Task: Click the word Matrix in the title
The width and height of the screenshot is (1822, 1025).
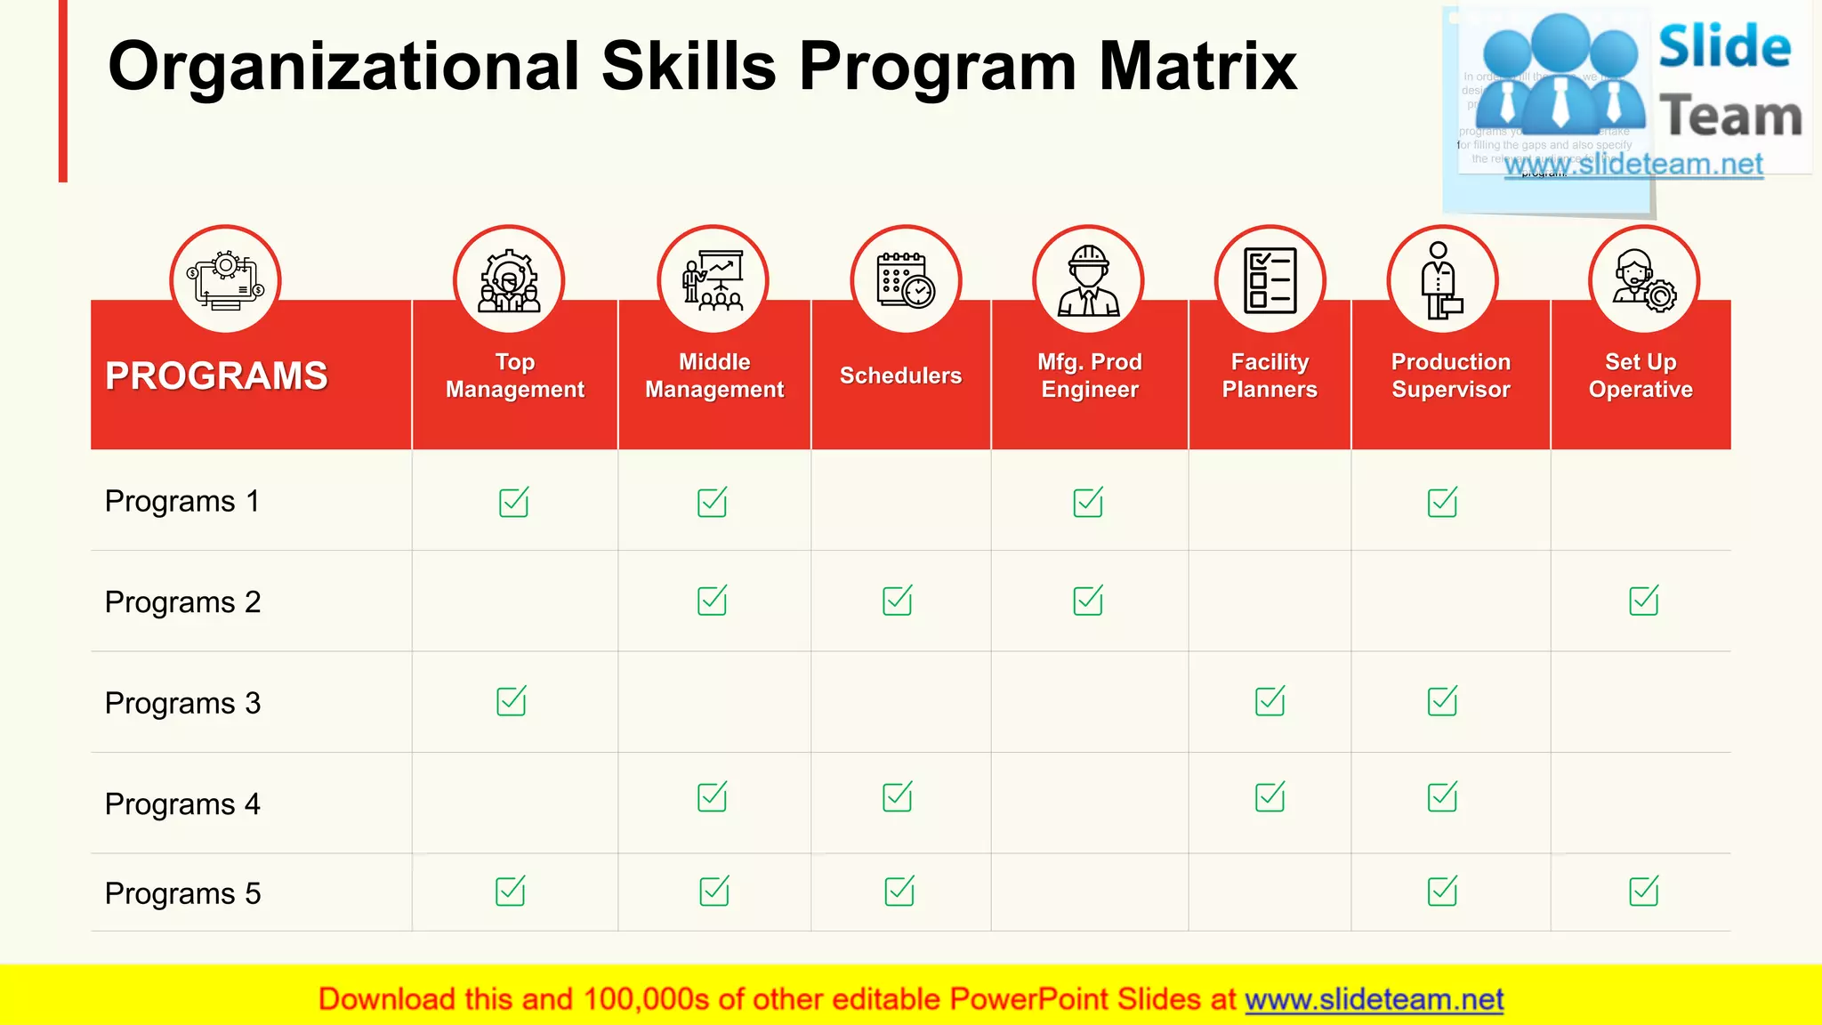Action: [1197, 67]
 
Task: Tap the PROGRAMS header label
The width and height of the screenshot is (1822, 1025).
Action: [216, 375]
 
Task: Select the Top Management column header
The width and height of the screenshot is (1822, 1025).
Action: [515, 375]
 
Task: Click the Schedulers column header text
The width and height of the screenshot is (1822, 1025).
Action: [900, 375]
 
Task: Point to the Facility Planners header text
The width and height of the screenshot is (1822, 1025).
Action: [1270, 375]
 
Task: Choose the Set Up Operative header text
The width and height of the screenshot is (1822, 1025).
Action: [1641, 375]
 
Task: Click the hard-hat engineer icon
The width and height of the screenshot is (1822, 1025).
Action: [1088, 281]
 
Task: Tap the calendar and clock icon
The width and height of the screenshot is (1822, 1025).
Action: [906, 281]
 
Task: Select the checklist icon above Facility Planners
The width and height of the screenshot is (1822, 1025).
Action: [1270, 281]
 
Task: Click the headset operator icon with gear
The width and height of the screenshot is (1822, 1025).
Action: [1644, 281]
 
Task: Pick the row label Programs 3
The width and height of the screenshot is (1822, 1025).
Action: [182, 703]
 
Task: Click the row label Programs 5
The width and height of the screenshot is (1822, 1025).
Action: [182, 893]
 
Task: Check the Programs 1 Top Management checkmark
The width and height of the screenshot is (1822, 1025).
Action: [513, 503]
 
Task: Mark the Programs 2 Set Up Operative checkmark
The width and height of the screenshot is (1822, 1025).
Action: [1643, 601]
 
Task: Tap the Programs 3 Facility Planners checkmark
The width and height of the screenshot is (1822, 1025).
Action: [1270, 701]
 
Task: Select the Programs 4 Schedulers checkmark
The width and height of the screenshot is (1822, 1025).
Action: [897, 797]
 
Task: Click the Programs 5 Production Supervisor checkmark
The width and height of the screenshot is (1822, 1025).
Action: [1442, 891]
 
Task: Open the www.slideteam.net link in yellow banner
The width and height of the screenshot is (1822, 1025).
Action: [1374, 999]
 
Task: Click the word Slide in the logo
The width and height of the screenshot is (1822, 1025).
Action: [1724, 46]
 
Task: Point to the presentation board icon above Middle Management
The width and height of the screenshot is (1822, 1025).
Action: [713, 281]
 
